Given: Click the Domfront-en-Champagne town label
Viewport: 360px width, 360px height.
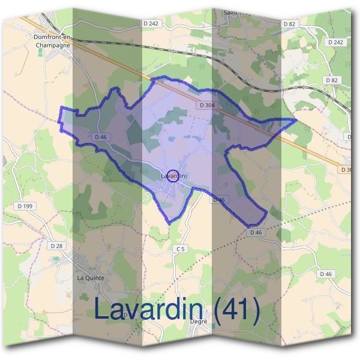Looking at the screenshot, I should pos(53,40).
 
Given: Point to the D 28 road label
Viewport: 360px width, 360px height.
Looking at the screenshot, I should pos(56,246).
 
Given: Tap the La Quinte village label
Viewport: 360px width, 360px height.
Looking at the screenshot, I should pos(91,278).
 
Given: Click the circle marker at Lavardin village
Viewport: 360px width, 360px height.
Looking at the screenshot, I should pos(173,175).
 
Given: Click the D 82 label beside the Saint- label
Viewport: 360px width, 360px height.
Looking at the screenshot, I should pos(289,23).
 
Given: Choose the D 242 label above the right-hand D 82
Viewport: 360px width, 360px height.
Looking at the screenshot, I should pos(336,42).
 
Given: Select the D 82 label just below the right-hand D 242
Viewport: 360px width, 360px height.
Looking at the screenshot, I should pos(331,80).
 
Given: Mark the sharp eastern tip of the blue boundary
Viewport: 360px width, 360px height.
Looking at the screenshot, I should pos(296,120).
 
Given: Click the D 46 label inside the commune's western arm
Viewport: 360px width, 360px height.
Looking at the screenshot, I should pos(100,137).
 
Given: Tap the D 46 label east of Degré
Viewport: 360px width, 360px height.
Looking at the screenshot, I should pos(326,274).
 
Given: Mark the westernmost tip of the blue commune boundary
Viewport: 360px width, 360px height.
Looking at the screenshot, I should pos(59,121).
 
